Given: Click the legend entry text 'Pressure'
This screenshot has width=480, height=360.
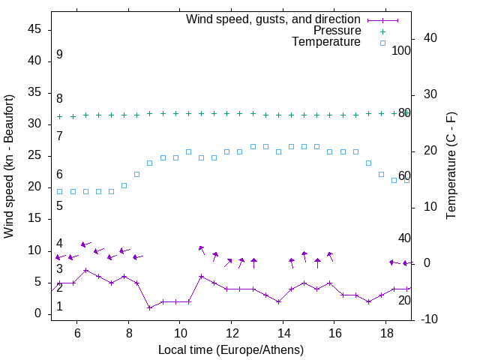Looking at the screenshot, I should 337,31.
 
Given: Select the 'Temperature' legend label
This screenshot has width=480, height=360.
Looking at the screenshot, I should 326,42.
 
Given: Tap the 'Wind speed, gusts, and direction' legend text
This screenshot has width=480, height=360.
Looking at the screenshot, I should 273,19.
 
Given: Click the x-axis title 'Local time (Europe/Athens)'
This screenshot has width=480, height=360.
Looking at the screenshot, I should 231,349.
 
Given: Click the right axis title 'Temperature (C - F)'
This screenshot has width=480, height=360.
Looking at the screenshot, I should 451,166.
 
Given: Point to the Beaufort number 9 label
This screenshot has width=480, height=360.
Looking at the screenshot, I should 59,55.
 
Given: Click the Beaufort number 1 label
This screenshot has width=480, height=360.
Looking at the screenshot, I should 59,307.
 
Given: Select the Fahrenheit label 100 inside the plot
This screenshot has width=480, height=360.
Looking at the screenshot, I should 401,50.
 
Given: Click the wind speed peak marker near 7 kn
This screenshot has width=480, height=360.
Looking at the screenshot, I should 86,270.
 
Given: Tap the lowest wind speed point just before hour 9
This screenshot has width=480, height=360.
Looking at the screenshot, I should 150,307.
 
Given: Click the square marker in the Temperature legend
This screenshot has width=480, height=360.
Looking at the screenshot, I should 382,43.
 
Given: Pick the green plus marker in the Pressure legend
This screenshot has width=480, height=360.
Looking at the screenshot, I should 382,31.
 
